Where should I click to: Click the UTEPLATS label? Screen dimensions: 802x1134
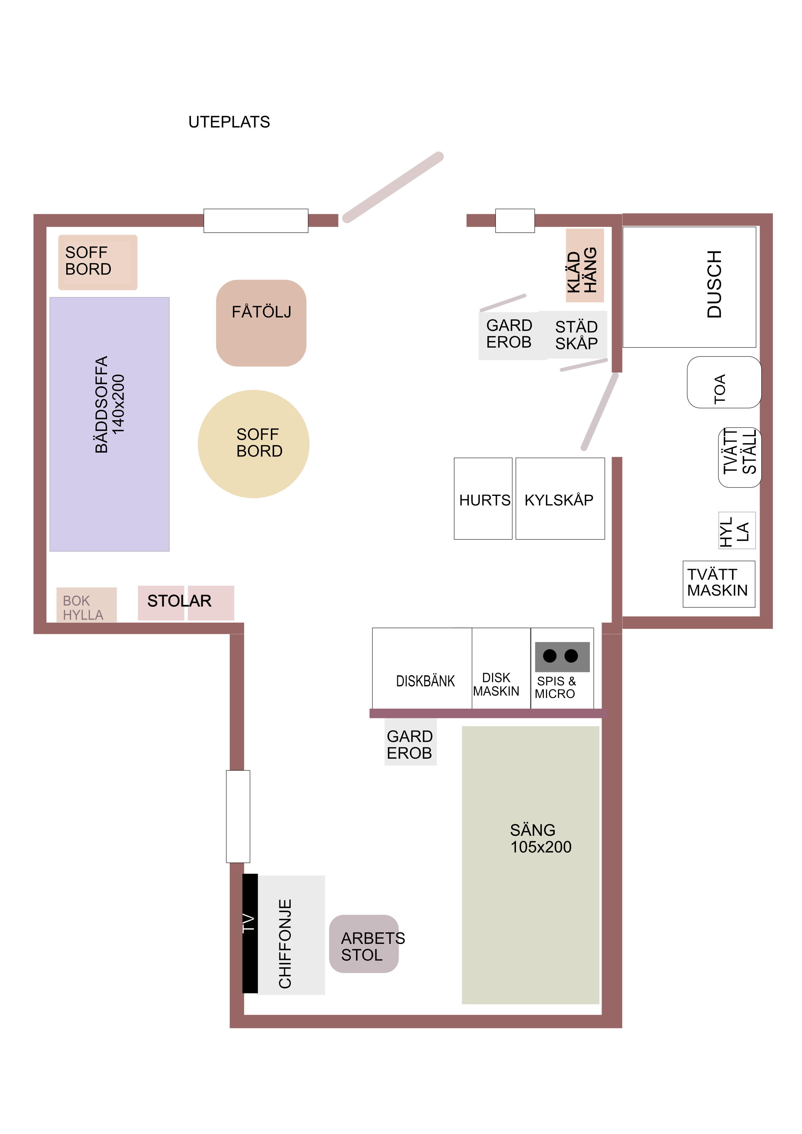click(229, 122)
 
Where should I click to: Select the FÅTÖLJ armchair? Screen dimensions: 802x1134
click(261, 323)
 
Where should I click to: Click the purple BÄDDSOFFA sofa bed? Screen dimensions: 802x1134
click(110, 424)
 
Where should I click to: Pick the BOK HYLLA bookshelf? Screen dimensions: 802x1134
click(86, 604)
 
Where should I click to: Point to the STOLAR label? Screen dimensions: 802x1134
click(179, 601)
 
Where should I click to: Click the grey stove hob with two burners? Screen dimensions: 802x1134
click(562, 657)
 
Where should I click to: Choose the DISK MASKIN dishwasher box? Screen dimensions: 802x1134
click(501, 668)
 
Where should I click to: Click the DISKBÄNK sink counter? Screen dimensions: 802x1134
click(422, 668)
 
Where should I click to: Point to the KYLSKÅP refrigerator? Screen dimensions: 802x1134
click(560, 498)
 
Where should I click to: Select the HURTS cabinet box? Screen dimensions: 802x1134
click(483, 498)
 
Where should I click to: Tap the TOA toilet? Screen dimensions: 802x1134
click(724, 382)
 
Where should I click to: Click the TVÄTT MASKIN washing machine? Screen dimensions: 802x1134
click(719, 584)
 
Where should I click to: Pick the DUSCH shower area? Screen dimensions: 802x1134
click(690, 287)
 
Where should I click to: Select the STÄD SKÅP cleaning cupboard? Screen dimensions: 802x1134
click(573, 334)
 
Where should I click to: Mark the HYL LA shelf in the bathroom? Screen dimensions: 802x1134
click(737, 530)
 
